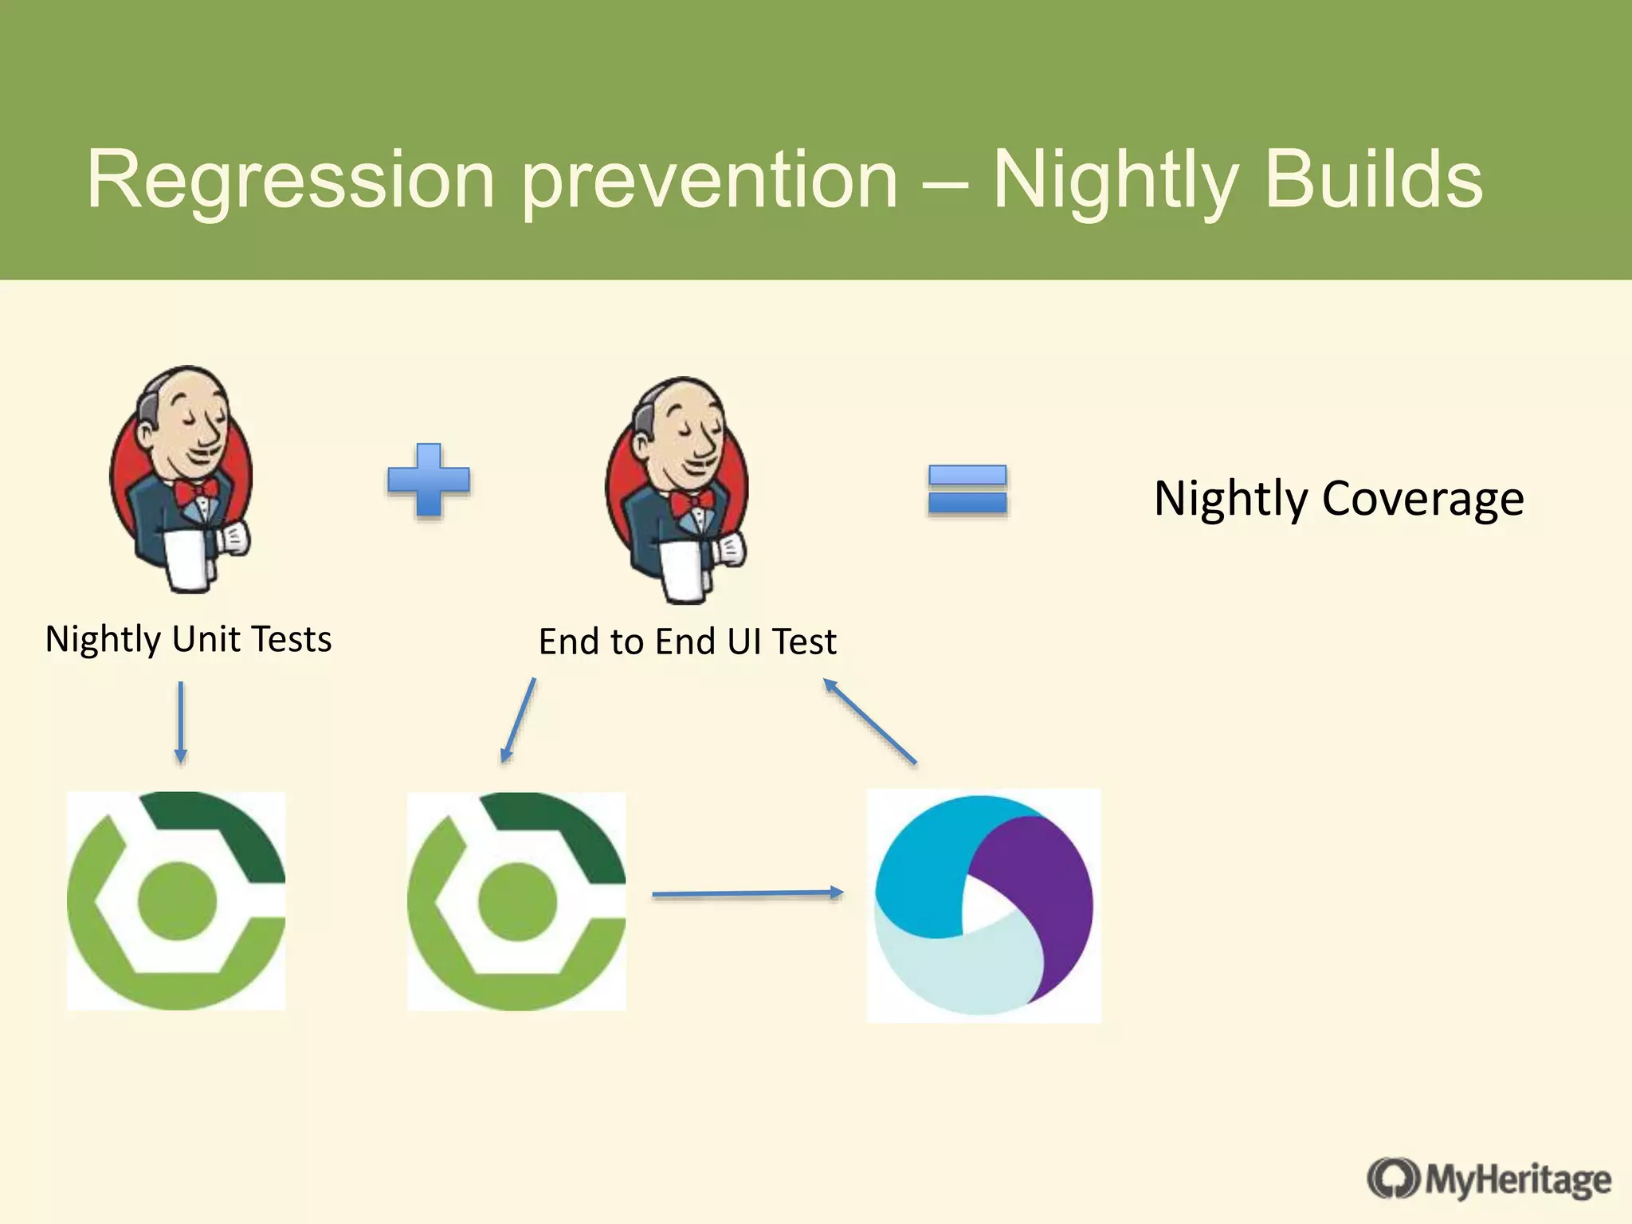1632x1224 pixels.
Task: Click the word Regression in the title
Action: click(290, 182)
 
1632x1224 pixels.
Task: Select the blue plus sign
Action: click(429, 481)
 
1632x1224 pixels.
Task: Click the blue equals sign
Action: click(967, 489)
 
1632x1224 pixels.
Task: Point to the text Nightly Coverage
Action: click(1339, 499)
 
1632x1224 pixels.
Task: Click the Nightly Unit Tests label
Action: click(188, 639)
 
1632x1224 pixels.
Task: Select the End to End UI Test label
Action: click(687, 641)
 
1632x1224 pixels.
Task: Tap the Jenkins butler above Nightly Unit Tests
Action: click(182, 478)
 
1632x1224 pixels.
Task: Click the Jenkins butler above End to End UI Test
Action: click(677, 489)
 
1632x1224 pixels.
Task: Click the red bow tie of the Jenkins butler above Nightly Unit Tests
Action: click(196, 489)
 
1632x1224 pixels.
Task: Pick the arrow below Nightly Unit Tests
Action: click(181, 721)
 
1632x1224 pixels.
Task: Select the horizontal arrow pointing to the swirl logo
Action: click(747, 893)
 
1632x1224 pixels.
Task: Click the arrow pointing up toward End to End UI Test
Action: click(869, 720)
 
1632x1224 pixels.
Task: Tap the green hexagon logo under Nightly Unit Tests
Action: click(175, 900)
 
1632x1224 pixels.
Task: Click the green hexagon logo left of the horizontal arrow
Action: click(516, 901)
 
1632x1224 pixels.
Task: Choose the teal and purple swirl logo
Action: click(983, 905)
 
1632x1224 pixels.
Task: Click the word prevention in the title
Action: click(709, 182)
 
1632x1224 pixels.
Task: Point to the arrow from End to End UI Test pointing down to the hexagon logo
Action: click(518, 720)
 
